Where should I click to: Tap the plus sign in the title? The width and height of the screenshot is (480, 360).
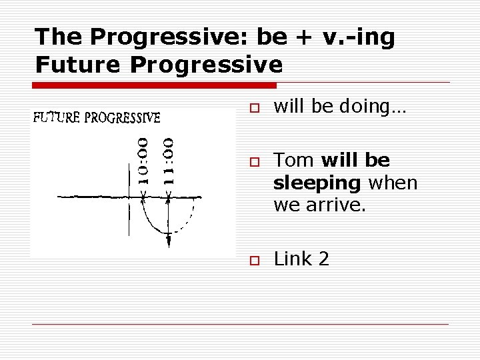[x=302, y=38]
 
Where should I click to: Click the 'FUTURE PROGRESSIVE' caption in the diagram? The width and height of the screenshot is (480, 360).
[x=97, y=119]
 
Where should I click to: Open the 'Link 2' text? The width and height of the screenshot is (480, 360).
[x=301, y=259]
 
